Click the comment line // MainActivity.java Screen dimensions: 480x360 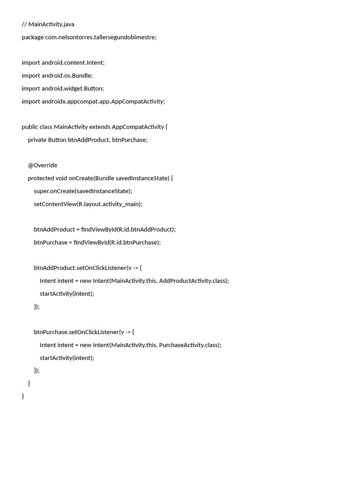(x=48, y=24)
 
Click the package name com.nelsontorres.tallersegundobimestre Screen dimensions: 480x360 (x=100, y=37)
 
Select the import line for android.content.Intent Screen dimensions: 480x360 (x=63, y=63)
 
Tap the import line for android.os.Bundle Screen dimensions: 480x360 (x=57, y=75)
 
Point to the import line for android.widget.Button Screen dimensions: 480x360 (x=62, y=89)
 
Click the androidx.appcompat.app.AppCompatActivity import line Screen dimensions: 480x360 (x=93, y=101)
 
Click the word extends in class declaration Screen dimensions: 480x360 (x=99, y=127)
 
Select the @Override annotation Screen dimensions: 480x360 (x=42, y=165)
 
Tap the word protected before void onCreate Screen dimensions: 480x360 (x=41, y=178)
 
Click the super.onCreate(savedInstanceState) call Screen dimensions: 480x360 (x=82, y=191)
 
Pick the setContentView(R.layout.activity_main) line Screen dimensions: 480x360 (x=88, y=204)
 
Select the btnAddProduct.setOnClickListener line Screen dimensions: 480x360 (x=87, y=268)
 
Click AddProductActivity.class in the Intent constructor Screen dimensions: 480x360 (x=193, y=281)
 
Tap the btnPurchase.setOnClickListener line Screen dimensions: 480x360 (x=83, y=332)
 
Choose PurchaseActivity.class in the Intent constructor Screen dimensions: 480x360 (x=189, y=345)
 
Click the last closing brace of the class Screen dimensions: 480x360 (x=23, y=396)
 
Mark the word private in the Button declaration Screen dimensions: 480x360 (x=37, y=140)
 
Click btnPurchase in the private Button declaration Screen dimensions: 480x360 (x=129, y=140)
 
